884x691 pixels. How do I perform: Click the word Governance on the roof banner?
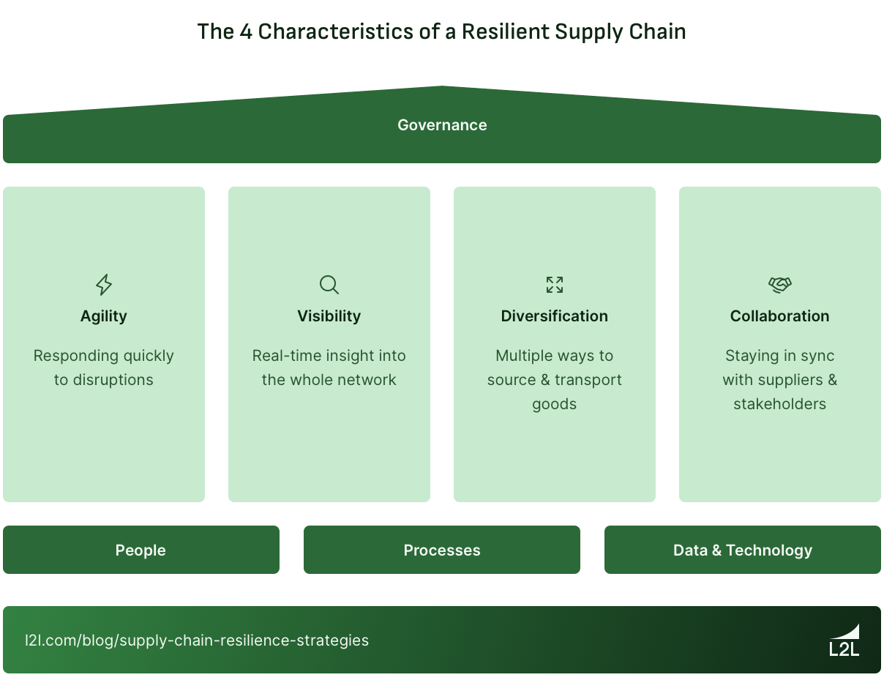tap(442, 125)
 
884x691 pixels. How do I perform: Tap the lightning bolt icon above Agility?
tap(104, 285)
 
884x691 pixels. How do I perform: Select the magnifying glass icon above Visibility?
tap(329, 285)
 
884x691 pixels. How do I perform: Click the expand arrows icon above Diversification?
tap(555, 285)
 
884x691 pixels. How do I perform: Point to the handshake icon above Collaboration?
tap(780, 285)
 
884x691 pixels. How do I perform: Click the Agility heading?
tap(104, 316)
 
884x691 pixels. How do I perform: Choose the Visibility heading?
tap(329, 316)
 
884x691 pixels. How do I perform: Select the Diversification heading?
tap(555, 316)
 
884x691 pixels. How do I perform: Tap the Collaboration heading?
tap(780, 316)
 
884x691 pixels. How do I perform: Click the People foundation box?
tap(141, 550)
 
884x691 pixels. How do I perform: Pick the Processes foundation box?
tap(442, 550)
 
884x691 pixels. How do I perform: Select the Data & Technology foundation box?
tap(743, 550)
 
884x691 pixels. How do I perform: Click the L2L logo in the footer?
tap(844, 640)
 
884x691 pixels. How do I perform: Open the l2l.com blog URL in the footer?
tap(197, 640)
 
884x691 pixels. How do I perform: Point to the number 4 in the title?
tap(246, 32)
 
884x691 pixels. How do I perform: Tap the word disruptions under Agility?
tap(113, 380)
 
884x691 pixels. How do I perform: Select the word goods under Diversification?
tap(555, 404)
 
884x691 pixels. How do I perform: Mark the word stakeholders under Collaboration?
tap(780, 404)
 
